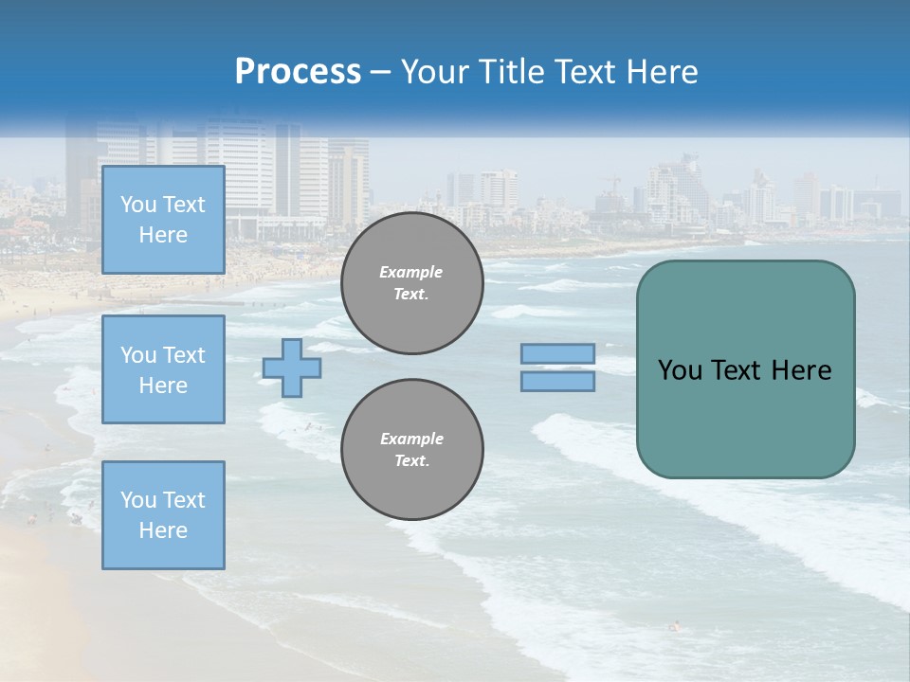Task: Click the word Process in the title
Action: point(298,72)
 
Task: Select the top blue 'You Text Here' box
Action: point(163,220)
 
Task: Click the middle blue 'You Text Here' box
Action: point(163,369)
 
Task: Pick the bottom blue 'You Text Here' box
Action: point(163,515)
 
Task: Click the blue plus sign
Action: point(291,368)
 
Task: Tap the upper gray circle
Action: point(411,283)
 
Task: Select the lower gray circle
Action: point(411,450)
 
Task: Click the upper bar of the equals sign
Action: point(557,353)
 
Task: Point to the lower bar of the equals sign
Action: point(557,381)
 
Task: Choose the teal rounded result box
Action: point(745,417)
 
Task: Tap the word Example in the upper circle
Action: point(411,272)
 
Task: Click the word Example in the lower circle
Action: point(411,439)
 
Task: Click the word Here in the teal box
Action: point(801,370)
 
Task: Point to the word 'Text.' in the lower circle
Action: point(411,461)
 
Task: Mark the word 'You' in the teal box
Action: point(680,370)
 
